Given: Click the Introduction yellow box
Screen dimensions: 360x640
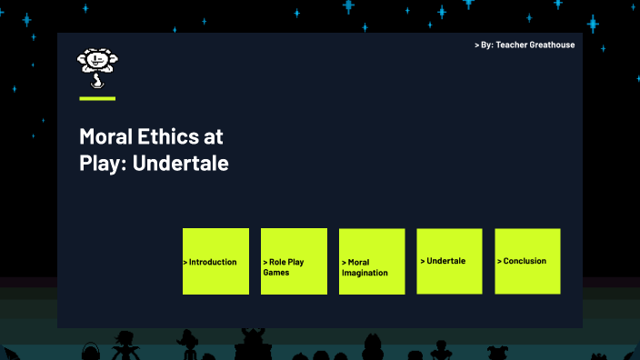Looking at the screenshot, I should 215,261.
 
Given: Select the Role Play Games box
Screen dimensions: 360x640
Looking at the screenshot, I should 294,261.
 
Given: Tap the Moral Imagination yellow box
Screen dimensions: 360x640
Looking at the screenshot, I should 372,261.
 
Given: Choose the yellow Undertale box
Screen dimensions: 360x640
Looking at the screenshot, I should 449,261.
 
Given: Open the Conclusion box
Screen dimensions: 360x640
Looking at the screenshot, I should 527,261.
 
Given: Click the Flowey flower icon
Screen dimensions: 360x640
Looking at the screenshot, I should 96,67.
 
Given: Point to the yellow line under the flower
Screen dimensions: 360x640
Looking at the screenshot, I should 97,98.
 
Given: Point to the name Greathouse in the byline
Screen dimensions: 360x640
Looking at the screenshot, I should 548,45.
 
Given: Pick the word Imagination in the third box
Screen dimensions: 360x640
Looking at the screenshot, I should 365,273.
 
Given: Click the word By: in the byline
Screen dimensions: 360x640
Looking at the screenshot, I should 485,45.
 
